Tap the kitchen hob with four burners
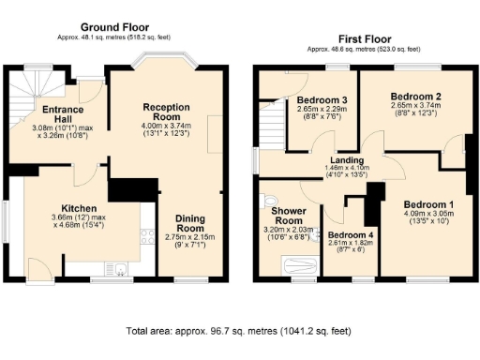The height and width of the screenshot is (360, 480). click(146, 239)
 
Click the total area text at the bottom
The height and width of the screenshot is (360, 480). click(240, 332)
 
